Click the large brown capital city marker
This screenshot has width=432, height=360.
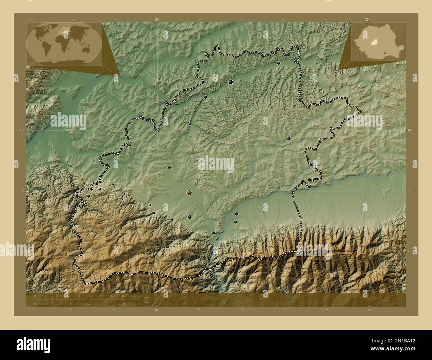189,192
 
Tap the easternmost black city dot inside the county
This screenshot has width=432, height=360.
289,139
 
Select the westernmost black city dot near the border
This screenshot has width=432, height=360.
88,196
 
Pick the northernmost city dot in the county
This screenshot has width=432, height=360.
279,63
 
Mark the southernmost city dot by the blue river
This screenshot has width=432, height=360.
213,233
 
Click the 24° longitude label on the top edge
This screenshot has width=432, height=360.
157,20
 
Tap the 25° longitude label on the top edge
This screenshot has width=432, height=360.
367,20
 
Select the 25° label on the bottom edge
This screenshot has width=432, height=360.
370,310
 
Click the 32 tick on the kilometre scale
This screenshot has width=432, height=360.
123,296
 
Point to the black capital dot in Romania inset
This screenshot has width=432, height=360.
384,52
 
